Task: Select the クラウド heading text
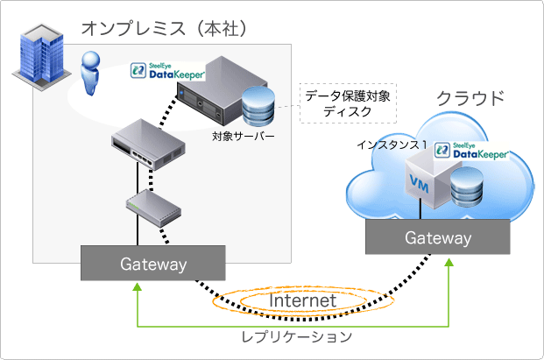(x=471, y=97)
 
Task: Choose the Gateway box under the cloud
(x=437, y=238)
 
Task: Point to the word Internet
(x=302, y=300)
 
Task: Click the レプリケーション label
(x=297, y=336)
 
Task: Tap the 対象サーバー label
(x=243, y=138)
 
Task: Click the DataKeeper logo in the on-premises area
(x=161, y=71)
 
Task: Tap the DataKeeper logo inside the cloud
(x=479, y=150)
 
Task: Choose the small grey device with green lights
(x=152, y=207)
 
